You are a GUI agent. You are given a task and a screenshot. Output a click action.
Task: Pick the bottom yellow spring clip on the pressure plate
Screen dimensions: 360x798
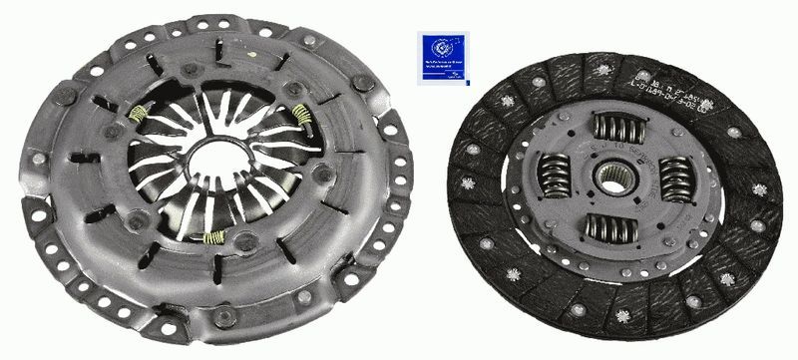coord(212,237)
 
